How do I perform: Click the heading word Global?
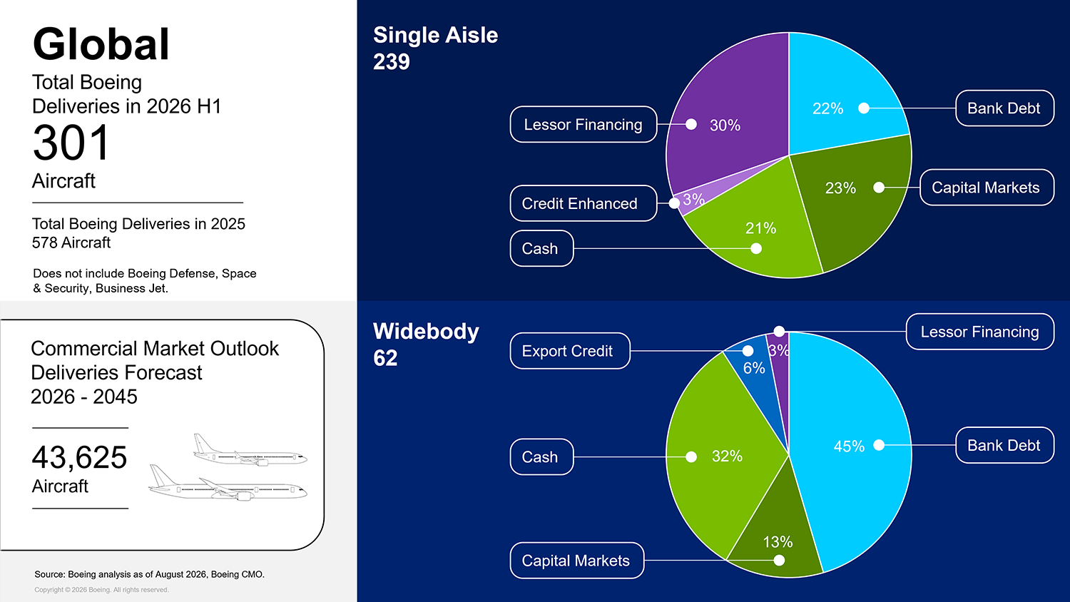coord(101,44)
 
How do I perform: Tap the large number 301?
coord(71,143)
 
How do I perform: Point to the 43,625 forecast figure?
coord(79,457)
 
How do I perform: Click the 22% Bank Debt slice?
coord(841,96)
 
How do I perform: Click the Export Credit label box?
coord(570,351)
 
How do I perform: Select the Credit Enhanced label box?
coord(584,203)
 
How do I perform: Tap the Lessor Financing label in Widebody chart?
coord(979,332)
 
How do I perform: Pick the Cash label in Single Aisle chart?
coord(541,248)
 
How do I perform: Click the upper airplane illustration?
coord(250,451)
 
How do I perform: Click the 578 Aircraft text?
coord(71,243)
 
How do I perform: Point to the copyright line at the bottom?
coord(101,590)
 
